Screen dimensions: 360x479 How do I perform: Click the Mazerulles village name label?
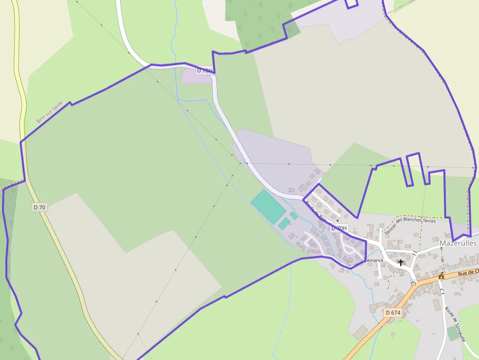coord(458,243)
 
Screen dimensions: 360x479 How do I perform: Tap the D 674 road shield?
coord(392,313)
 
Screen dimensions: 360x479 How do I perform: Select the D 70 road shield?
coord(40,207)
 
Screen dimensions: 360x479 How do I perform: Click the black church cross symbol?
coord(401,263)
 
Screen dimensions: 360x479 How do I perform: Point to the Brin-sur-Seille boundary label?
coord(49,112)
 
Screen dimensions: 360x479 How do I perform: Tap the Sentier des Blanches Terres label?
coord(410,226)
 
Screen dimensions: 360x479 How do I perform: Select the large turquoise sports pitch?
coord(268,206)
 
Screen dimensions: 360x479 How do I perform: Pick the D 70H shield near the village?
coord(339,228)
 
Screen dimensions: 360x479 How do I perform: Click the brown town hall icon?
coord(441,276)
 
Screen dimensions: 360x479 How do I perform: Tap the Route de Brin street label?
coord(316,211)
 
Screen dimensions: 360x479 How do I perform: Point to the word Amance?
coord(375,260)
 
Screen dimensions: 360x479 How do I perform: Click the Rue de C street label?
coord(468,273)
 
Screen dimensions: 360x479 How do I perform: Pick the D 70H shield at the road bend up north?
coord(205,71)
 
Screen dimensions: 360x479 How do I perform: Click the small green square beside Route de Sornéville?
coord(453,334)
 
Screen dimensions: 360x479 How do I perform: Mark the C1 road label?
coord(442,292)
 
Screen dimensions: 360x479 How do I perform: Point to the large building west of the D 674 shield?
coord(361,332)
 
